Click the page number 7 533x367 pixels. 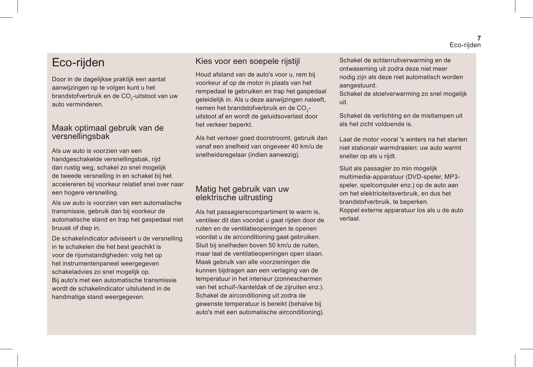(x=479, y=38)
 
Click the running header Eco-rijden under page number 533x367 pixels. (x=465, y=45)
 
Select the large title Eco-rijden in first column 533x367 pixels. (x=78, y=62)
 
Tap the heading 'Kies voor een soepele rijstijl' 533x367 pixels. (x=248, y=61)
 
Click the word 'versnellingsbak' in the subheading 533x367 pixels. (x=81, y=136)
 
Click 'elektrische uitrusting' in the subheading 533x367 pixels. (x=234, y=198)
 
